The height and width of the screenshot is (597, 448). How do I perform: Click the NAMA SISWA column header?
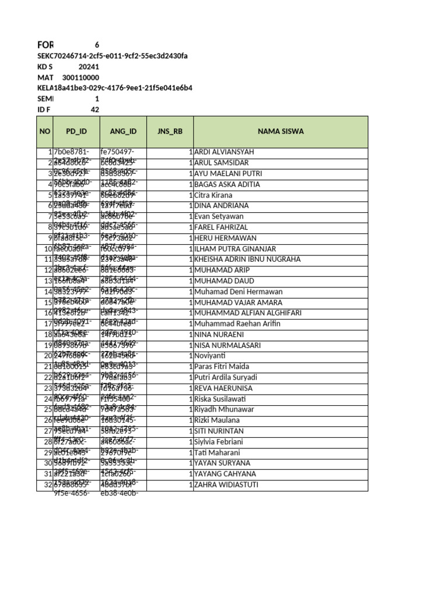pos(281,131)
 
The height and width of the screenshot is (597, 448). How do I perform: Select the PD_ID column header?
pos(76,131)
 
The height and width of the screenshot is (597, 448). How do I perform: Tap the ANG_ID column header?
pos(123,131)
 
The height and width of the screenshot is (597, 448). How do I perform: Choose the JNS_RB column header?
pos(170,131)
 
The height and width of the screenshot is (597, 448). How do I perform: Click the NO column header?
pos(45,131)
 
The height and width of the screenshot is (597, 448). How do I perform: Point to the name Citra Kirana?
pos(213,195)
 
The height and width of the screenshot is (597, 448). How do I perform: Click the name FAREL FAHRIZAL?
pos(222,227)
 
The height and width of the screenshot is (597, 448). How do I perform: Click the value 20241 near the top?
pos(89,66)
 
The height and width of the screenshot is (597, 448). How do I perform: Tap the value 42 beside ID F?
pos(94,110)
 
